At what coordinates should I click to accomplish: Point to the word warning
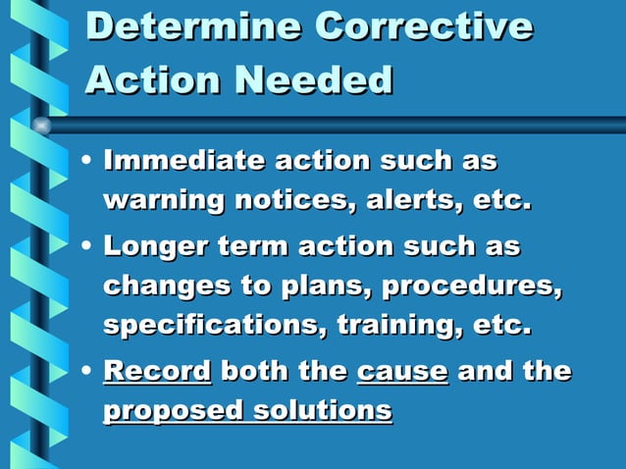[x=163, y=201]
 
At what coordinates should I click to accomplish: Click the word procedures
[x=473, y=287]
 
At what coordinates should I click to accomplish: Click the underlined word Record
[x=157, y=372]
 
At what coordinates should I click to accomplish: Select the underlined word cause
[x=402, y=372]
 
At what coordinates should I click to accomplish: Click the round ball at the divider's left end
[x=41, y=126]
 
